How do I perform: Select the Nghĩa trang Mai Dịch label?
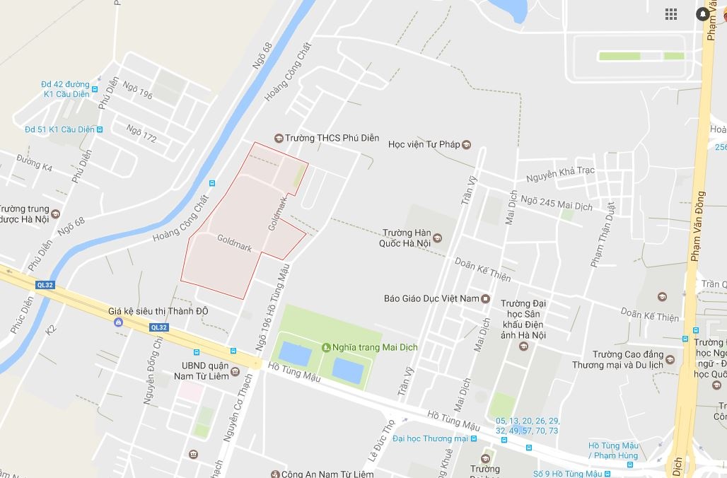376,347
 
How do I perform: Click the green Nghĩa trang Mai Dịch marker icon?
326,347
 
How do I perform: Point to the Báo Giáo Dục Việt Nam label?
431,298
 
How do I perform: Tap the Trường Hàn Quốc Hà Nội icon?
437,238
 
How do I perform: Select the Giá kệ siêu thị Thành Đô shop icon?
118,322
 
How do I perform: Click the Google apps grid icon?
671,14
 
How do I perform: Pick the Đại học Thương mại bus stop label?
429,438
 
